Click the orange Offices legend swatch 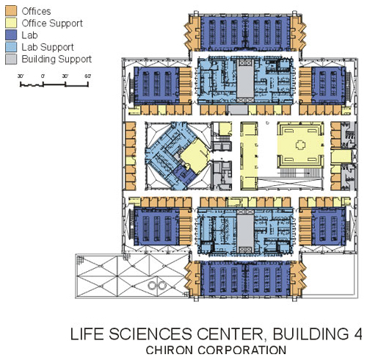click(11, 11)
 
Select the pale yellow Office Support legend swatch click(11, 23)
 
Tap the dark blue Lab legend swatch click(11, 35)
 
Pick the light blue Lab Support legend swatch click(11, 47)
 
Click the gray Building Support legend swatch click(11, 59)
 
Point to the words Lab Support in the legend click(48, 47)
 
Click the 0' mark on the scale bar click(43, 76)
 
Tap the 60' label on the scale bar click(87, 76)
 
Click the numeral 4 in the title click(357, 334)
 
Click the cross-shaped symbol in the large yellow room click(301, 145)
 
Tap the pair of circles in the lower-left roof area click(158, 285)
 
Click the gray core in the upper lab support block click(245, 82)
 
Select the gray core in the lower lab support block click(245, 231)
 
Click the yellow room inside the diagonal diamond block click(195, 156)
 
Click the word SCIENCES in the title click(150, 334)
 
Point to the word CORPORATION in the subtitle click(241, 350)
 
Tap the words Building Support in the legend click(57, 60)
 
